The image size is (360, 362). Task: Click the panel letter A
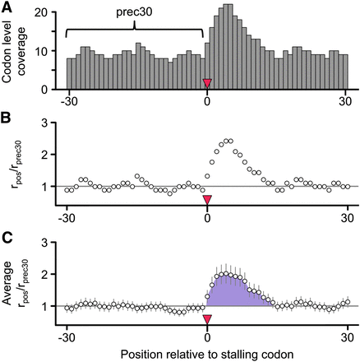[7, 7]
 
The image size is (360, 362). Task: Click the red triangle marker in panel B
[207, 200]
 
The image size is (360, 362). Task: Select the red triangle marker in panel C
[207, 320]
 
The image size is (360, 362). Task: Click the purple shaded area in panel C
[234, 292]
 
